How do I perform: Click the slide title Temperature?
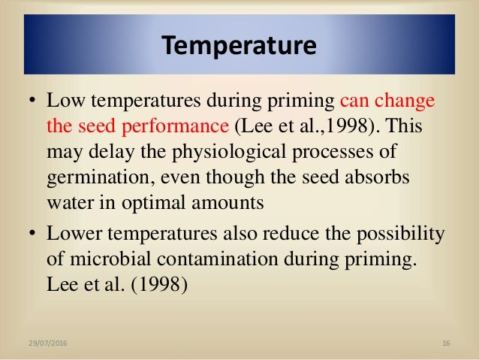(239, 47)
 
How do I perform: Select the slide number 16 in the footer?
(446, 343)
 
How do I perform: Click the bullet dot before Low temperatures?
(31, 102)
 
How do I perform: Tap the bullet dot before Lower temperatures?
(31, 234)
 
